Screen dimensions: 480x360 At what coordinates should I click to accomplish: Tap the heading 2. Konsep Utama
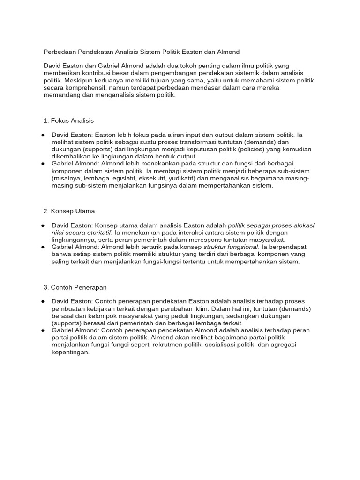coord(69,211)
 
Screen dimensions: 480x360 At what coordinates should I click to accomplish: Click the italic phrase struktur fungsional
coord(231,247)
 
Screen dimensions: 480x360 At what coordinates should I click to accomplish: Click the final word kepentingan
coord(70,352)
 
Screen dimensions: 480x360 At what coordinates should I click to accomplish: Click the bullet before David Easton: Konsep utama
coord(43,225)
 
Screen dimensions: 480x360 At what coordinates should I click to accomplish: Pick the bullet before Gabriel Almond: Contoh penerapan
coord(43,330)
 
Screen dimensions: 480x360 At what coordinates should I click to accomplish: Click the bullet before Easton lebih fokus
coord(43,135)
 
